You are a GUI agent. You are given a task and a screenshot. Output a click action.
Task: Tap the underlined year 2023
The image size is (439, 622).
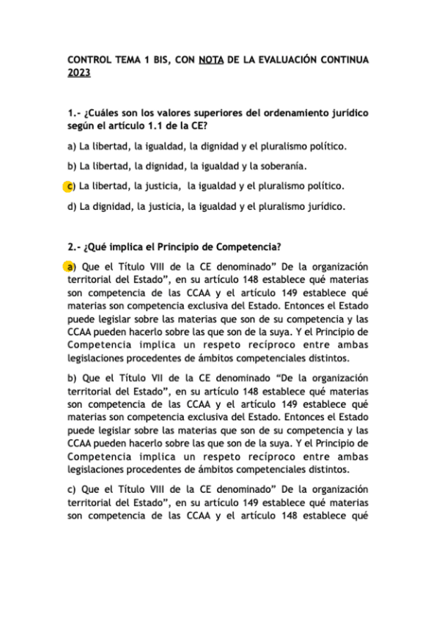[79, 73]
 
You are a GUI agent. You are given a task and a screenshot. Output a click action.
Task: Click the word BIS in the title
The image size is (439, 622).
[158, 59]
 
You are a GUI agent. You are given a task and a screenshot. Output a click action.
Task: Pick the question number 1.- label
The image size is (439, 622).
[75, 114]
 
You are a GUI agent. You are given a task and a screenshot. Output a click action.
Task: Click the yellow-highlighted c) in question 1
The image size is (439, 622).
[70, 186]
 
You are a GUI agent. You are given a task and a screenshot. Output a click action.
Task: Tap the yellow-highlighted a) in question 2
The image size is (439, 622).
[70, 266]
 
